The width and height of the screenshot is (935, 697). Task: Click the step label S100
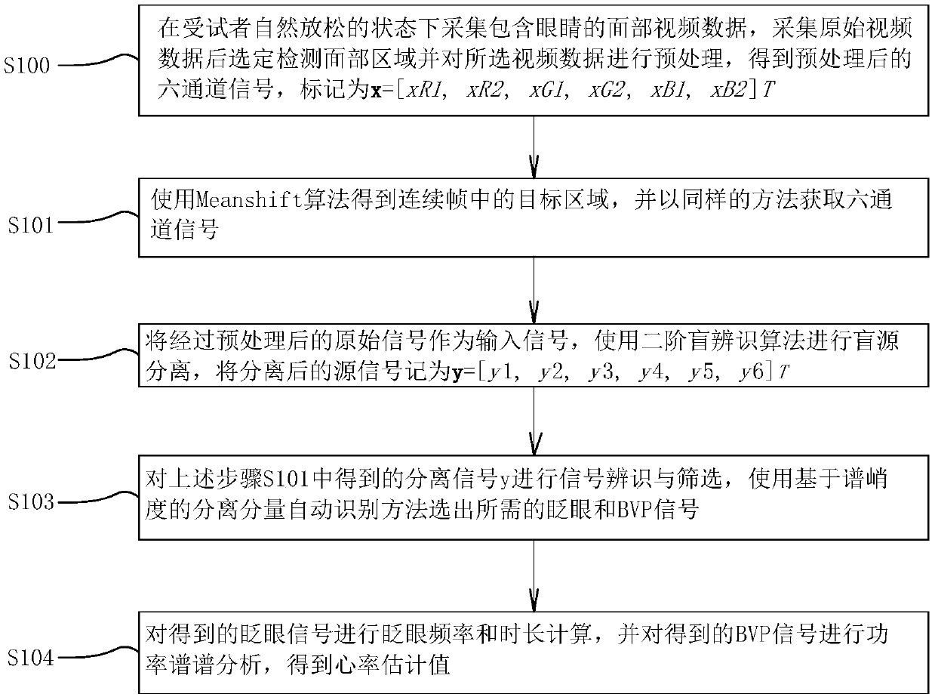click(26, 66)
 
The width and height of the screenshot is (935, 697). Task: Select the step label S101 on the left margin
click(31, 225)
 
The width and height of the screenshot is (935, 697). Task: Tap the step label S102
click(32, 361)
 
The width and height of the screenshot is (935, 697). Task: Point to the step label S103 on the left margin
click(31, 502)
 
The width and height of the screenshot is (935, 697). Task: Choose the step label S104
click(31, 658)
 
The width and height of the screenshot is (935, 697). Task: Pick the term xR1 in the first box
click(425, 90)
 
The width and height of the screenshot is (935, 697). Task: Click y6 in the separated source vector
click(751, 372)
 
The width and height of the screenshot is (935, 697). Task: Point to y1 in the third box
click(500, 372)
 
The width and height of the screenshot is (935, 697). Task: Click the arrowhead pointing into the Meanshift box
click(534, 167)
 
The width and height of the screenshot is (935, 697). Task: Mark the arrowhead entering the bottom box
click(534, 600)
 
